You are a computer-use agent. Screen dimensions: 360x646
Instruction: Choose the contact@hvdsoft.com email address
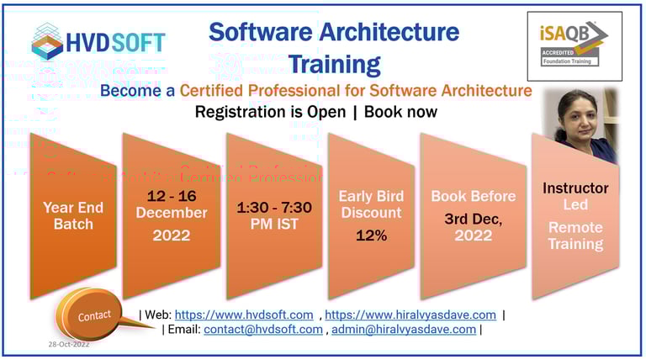pos(262,330)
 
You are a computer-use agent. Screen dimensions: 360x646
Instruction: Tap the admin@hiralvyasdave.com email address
pos(404,330)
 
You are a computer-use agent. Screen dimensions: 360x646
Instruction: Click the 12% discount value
pos(371,236)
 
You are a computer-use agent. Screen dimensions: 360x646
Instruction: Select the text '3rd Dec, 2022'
pos(473,227)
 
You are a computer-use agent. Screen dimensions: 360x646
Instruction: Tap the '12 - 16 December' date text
pos(172,204)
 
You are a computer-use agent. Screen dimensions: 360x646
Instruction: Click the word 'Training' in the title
pos(334,63)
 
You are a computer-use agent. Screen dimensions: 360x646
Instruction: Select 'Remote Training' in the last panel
pos(575,236)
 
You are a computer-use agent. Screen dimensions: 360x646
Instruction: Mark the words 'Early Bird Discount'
pos(371,204)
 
